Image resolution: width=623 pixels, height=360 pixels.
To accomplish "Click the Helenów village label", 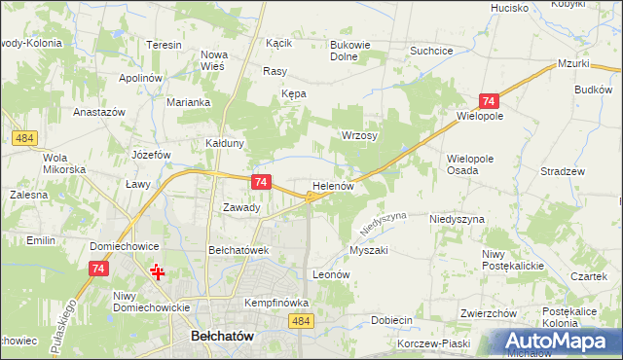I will coord(337,185).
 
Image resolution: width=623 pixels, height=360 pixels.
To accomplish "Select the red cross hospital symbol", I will coord(157,271).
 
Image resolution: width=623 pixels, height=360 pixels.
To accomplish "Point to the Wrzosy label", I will coord(358,135).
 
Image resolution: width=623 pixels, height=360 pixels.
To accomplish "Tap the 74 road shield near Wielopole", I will coord(489,102).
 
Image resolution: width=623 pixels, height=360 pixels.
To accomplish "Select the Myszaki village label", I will coord(368,250).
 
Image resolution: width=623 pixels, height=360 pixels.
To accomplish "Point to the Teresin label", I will coord(165,45).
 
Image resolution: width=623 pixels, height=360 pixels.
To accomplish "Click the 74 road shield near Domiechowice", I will coord(97,269).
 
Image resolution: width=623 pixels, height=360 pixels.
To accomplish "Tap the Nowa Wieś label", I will coord(213,60).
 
